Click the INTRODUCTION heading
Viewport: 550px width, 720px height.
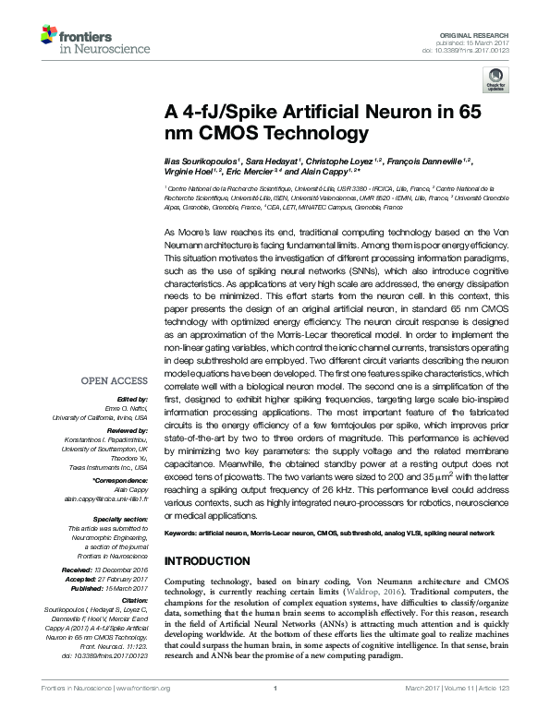pos(206,561)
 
